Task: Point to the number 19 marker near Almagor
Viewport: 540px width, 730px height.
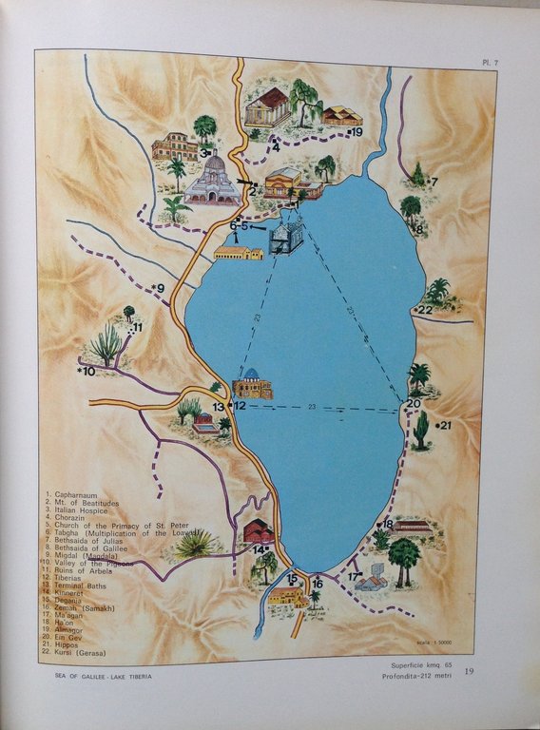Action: pyautogui.click(x=355, y=133)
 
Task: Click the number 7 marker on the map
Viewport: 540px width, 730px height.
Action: pyautogui.click(x=434, y=181)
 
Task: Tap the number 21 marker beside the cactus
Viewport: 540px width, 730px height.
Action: pyautogui.click(x=443, y=425)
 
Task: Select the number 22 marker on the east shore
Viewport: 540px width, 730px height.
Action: pyautogui.click(x=424, y=310)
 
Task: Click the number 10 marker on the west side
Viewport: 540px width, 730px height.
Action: pyautogui.click(x=87, y=372)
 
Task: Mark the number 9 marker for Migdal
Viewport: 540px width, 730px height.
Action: pyautogui.click(x=158, y=287)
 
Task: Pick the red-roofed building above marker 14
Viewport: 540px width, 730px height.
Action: pyautogui.click(x=258, y=531)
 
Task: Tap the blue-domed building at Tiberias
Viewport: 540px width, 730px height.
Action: pyautogui.click(x=252, y=384)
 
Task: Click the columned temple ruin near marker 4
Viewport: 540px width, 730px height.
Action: pyautogui.click(x=267, y=107)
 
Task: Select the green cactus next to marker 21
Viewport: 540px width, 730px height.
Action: pyautogui.click(x=421, y=430)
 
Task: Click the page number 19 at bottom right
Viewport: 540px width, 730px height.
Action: pyautogui.click(x=467, y=672)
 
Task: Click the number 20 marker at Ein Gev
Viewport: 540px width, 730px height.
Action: pyautogui.click(x=413, y=403)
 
